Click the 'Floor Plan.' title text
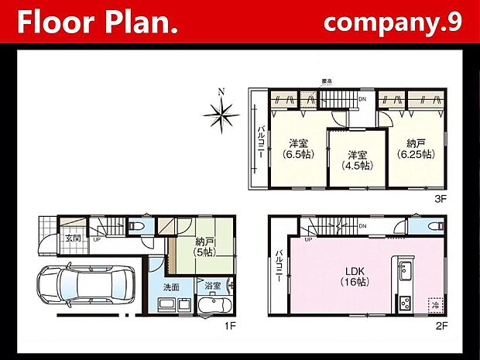98,22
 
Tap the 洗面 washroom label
172,286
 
